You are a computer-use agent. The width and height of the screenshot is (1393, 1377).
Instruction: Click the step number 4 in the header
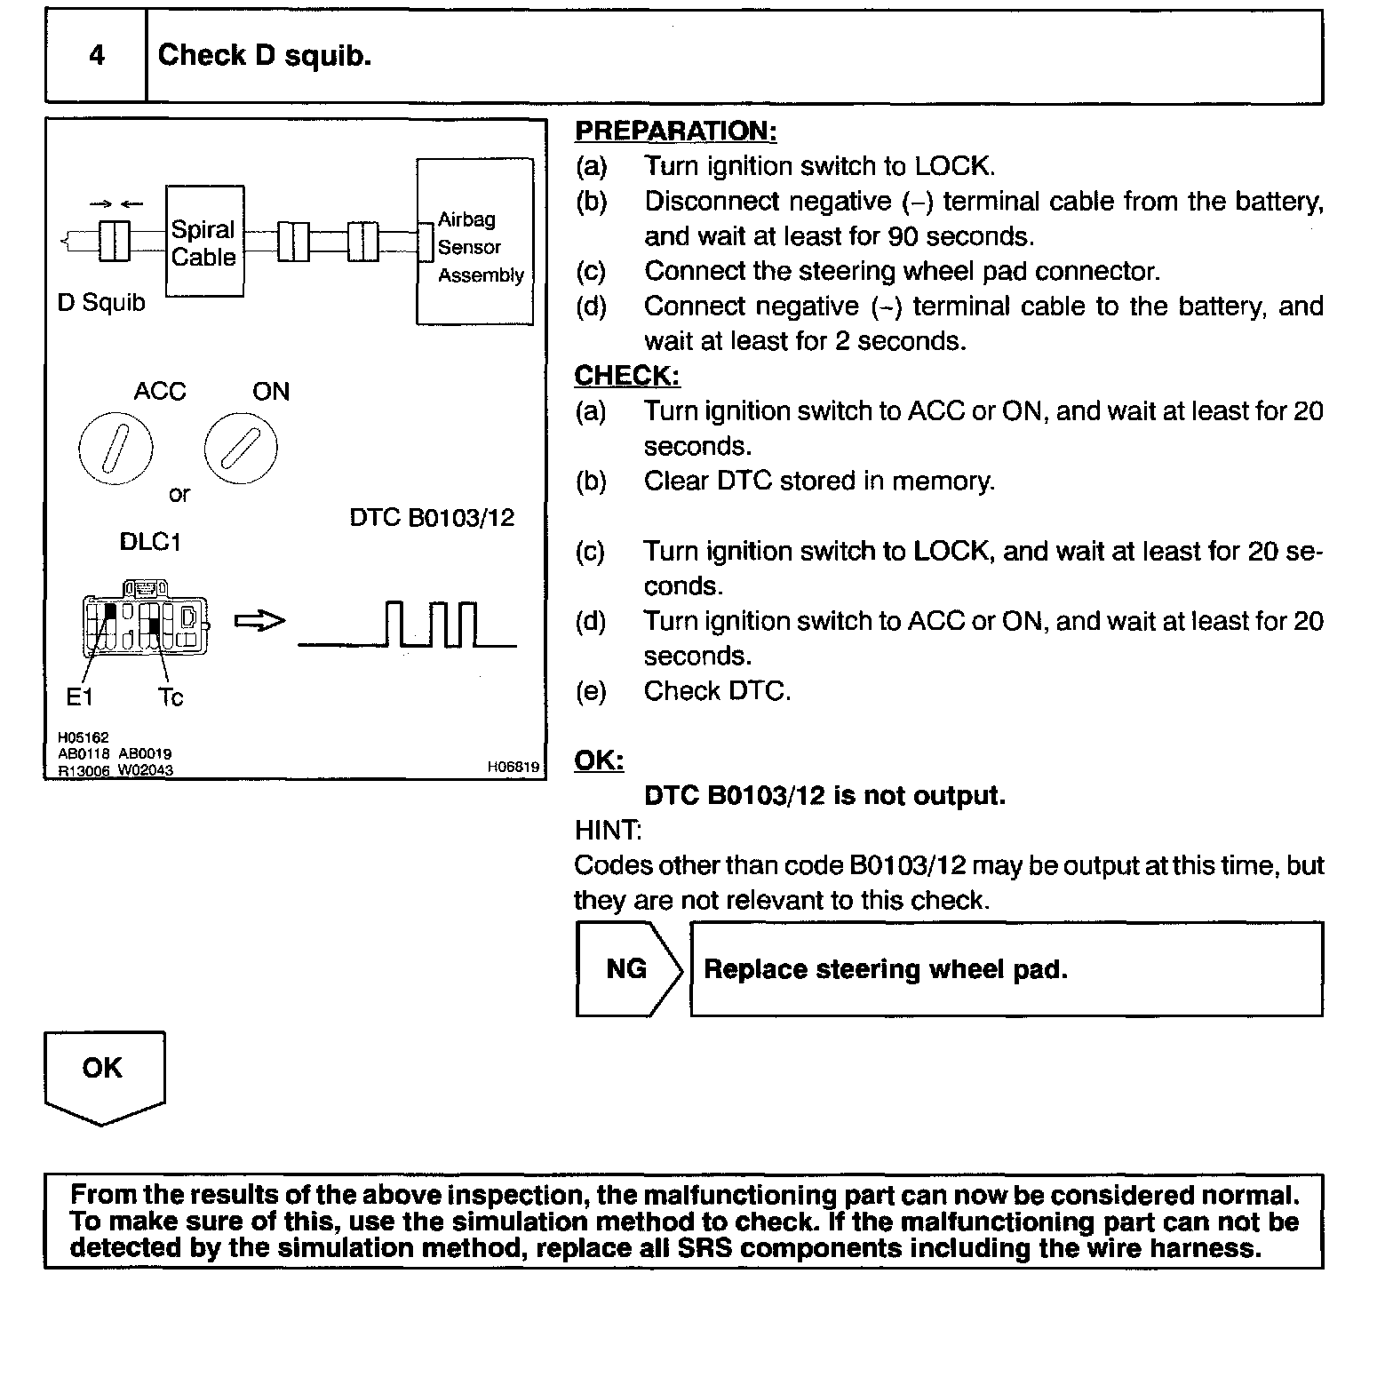tap(97, 56)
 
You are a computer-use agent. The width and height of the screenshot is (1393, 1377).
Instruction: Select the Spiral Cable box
tap(204, 243)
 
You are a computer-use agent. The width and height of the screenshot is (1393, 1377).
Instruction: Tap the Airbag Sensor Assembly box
tap(475, 243)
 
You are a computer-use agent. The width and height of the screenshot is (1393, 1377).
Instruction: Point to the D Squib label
tap(101, 303)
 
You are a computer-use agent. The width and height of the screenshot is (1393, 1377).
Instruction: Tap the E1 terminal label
tap(80, 697)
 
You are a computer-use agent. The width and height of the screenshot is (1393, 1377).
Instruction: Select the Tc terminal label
tap(170, 697)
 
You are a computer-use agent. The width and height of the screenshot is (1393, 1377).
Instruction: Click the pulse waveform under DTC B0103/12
tap(408, 625)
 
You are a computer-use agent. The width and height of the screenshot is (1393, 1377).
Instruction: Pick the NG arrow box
tap(628, 969)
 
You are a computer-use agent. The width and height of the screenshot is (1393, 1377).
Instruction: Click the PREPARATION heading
tap(675, 131)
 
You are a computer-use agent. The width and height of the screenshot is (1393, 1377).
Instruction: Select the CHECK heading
tap(626, 377)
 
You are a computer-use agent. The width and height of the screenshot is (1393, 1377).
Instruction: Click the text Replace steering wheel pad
tap(885, 969)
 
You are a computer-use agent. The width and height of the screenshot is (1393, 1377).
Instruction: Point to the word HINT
tap(608, 831)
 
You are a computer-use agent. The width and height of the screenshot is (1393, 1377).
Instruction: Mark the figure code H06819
tap(513, 767)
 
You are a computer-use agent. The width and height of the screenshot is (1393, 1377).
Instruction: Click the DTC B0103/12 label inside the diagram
tap(432, 518)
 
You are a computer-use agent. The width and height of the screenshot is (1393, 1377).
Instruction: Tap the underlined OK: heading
tap(599, 761)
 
